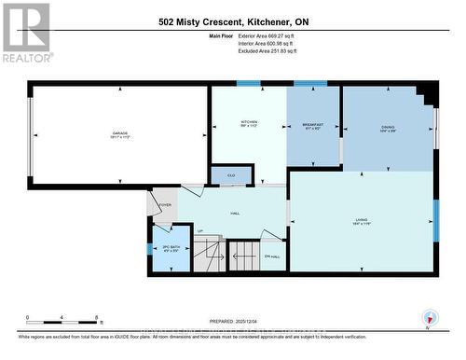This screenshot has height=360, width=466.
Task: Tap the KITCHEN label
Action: click(249, 123)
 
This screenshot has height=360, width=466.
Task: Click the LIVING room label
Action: click(361, 222)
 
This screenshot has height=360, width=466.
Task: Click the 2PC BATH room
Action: click(171, 248)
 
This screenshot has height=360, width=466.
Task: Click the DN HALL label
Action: click(272, 256)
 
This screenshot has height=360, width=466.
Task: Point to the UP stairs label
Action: click(199, 230)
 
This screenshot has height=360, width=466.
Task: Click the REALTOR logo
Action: click(26, 32)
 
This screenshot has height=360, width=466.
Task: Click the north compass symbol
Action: click(430, 317)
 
